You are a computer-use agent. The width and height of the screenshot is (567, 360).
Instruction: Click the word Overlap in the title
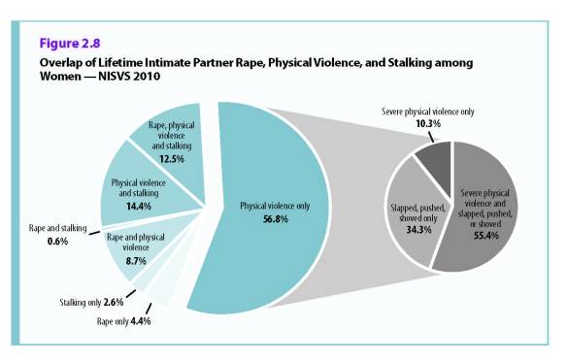coord(60,63)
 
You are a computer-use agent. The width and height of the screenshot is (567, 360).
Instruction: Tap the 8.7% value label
coord(135,260)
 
